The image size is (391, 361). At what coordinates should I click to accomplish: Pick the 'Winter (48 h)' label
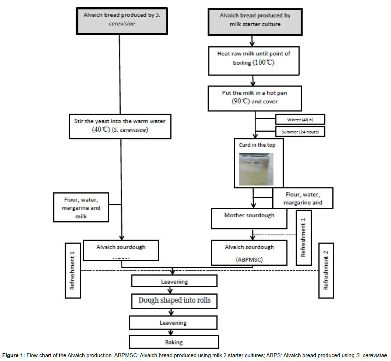(x=300, y=120)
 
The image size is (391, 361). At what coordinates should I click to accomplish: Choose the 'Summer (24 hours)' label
(x=300, y=132)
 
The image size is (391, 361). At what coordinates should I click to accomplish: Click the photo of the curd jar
(x=256, y=169)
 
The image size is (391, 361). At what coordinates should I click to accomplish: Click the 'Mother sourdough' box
(x=249, y=218)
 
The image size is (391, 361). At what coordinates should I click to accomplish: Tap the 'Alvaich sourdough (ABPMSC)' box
(x=249, y=253)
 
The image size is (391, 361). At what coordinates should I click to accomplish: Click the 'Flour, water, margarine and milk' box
(x=81, y=207)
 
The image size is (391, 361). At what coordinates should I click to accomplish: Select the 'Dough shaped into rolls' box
(x=174, y=300)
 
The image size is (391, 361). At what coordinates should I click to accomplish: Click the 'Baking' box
(x=174, y=342)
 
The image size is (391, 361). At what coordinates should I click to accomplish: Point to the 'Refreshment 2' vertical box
(x=326, y=270)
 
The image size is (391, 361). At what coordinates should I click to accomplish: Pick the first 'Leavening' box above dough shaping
(x=174, y=281)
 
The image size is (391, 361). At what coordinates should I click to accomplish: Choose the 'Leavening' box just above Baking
(x=173, y=323)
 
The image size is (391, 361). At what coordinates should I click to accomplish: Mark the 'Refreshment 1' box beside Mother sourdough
(x=303, y=237)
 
